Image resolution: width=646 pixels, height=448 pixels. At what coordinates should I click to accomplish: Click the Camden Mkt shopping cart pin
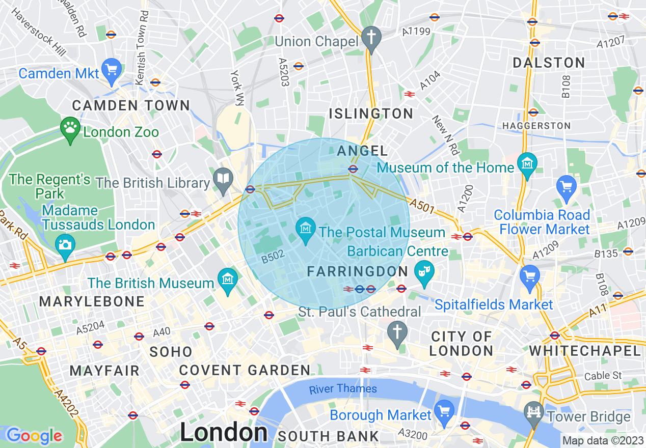(x=112, y=69)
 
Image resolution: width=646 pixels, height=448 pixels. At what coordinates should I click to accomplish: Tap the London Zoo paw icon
(x=70, y=127)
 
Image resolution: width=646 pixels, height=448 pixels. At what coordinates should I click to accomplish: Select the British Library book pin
(x=223, y=178)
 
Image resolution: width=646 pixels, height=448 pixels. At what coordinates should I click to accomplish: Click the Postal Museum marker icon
(x=306, y=227)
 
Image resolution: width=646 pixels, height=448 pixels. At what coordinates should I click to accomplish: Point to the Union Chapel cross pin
(x=371, y=37)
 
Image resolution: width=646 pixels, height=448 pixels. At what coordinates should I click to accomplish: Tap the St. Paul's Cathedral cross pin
(x=397, y=332)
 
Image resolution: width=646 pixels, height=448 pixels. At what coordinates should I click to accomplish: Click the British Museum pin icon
(x=227, y=278)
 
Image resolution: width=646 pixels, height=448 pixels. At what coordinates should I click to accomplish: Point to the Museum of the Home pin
(x=527, y=163)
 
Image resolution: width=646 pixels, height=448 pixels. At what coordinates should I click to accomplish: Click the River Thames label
(x=343, y=389)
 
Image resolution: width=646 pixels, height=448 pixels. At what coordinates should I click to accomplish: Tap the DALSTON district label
(x=549, y=63)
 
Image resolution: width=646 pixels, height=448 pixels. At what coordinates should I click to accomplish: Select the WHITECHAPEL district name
(x=585, y=351)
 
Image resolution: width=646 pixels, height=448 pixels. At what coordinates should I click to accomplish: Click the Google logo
(x=34, y=436)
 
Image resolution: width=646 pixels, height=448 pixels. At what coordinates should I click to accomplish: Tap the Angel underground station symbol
(x=353, y=169)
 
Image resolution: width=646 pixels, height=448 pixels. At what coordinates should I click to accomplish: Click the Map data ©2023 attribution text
(x=602, y=440)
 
